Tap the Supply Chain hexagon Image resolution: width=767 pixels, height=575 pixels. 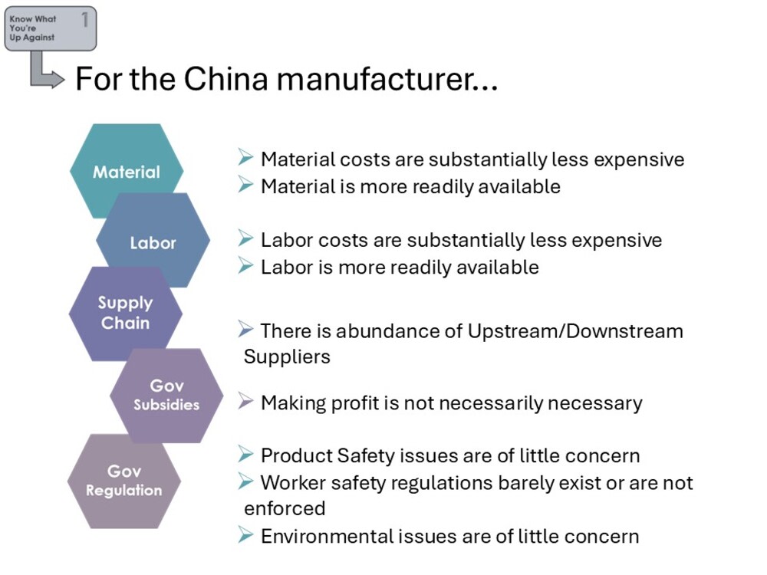tap(125, 314)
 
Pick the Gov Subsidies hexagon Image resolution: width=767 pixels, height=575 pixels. tap(166, 396)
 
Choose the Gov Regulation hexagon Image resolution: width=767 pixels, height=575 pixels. tap(123, 481)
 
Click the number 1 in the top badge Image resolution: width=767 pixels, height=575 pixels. tap(85, 20)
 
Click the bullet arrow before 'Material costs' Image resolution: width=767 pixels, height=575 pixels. tap(245, 157)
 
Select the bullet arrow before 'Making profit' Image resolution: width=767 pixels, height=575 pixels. tap(245, 402)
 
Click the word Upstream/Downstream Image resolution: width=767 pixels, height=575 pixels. tap(575, 331)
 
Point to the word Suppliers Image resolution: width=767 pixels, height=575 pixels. tap(287, 357)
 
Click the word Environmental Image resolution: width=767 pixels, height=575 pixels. tap(328, 537)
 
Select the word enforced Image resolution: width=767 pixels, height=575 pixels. tap(285, 508)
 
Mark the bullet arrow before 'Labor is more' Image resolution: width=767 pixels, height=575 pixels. tap(245, 265)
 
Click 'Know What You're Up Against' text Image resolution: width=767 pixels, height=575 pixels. tap(33, 28)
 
